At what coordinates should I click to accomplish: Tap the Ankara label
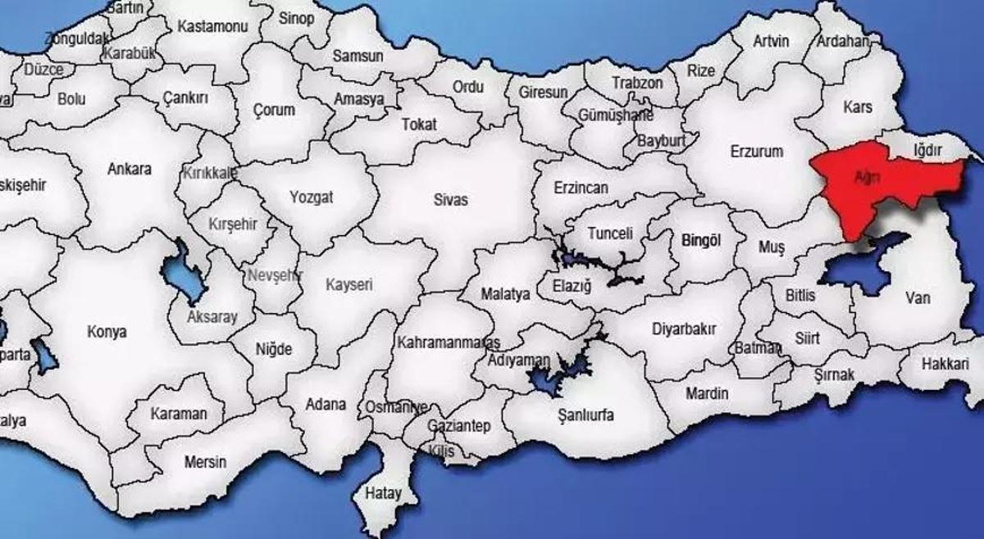click(x=130, y=170)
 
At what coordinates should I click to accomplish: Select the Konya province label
click(x=107, y=333)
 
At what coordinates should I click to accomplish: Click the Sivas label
click(x=451, y=199)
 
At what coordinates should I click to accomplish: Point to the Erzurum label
click(x=756, y=152)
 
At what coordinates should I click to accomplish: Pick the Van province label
click(x=918, y=298)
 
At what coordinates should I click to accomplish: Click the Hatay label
click(x=383, y=494)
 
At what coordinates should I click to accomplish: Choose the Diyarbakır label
click(x=684, y=329)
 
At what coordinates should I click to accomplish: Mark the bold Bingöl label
click(x=700, y=241)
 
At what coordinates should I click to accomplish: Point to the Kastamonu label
click(x=212, y=26)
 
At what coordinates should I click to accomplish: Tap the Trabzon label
click(x=637, y=83)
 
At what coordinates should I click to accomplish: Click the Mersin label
click(x=205, y=462)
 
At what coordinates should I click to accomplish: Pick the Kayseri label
click(x=349, y=285)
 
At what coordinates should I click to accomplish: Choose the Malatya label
click(x=505, y=294)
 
